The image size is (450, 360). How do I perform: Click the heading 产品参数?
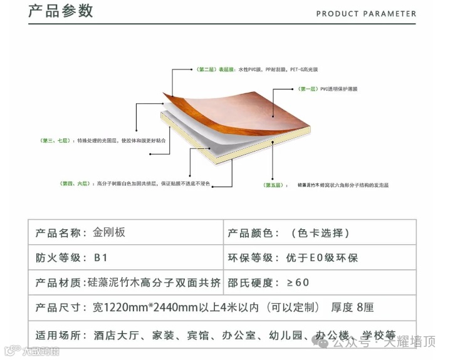coord(61,11)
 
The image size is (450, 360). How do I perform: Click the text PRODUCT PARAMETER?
coord(366,13)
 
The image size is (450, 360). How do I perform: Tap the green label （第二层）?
coord(205,69)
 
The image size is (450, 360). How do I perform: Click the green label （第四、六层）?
coord(75,183)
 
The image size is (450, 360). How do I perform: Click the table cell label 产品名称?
coord(60,233)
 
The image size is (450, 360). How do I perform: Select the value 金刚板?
coord(109,233)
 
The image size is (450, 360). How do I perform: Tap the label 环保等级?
coord(251,257)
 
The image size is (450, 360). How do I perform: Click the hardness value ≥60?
coord(298,283)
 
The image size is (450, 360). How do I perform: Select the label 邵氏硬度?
coord(251,283)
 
